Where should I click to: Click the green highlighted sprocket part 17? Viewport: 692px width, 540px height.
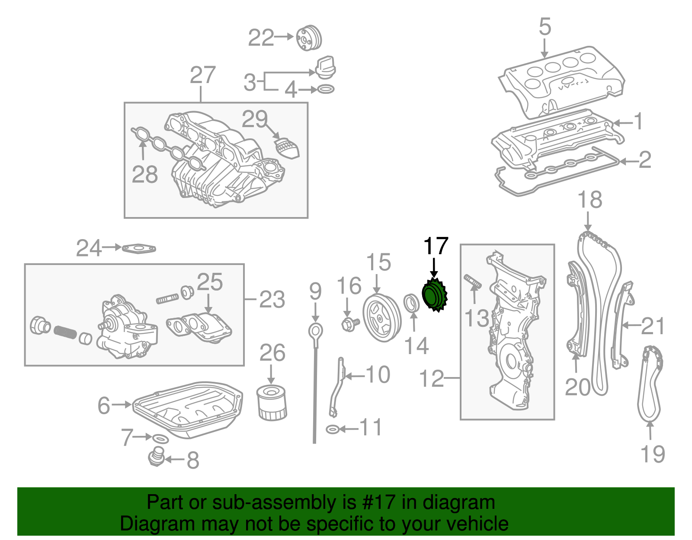pyautogui.click(x=434, y=294)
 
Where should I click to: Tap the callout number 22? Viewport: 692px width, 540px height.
pyautogui.click(x=261, y=38)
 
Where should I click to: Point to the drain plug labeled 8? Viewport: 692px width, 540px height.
pyautogui.click(x=157, y=457)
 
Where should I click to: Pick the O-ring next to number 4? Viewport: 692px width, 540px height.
pyautogui.click(x=326, y=89)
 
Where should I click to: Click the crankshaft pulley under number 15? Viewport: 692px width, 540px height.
pyautogui.click(x=382, y=318)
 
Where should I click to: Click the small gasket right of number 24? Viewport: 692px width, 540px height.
pyautogui.click(x=139, y=249)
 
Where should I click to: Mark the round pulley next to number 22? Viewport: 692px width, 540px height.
pyautogui.click(x=309, y=38)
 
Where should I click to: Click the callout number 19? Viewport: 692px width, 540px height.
pyautogui.click(x=653, y=454)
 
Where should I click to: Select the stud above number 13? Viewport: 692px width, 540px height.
pyautogui.click(x=473, y=281)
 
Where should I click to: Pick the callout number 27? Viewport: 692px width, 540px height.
pyautogui.click(x=203, y=75)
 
